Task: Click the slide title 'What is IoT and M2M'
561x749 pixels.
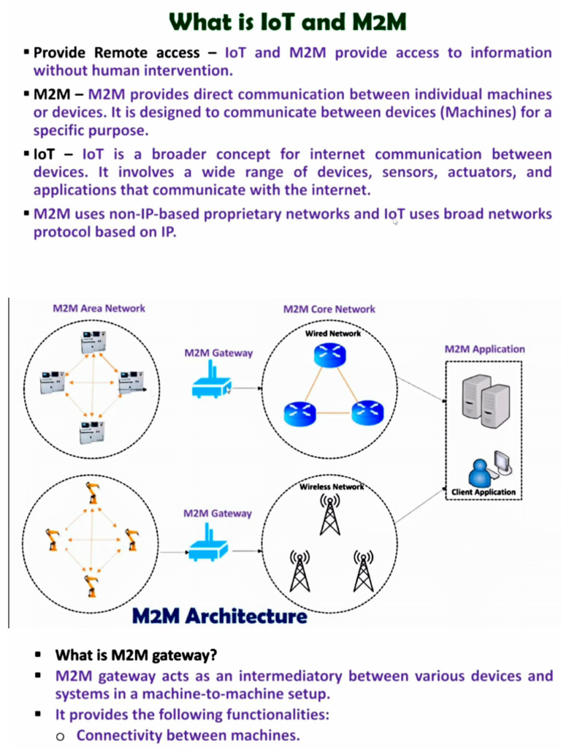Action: tap(287, 22)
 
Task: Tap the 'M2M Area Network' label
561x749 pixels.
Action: tap(99, 308)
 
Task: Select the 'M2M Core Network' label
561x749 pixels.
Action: tap(329, 309)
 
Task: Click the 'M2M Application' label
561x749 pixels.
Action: tap(484, 349)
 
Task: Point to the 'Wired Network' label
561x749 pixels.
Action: tap(332, 334)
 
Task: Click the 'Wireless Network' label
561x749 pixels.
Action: tap(331, 486)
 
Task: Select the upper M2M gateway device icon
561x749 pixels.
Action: tap(211, 385)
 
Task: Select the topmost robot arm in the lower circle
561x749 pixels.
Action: tap(93, 493)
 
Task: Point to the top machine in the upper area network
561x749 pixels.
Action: tap(93, 342)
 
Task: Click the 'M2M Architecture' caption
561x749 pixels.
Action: tap(219, 616)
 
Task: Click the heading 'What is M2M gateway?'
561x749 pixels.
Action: tap(137, 655)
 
